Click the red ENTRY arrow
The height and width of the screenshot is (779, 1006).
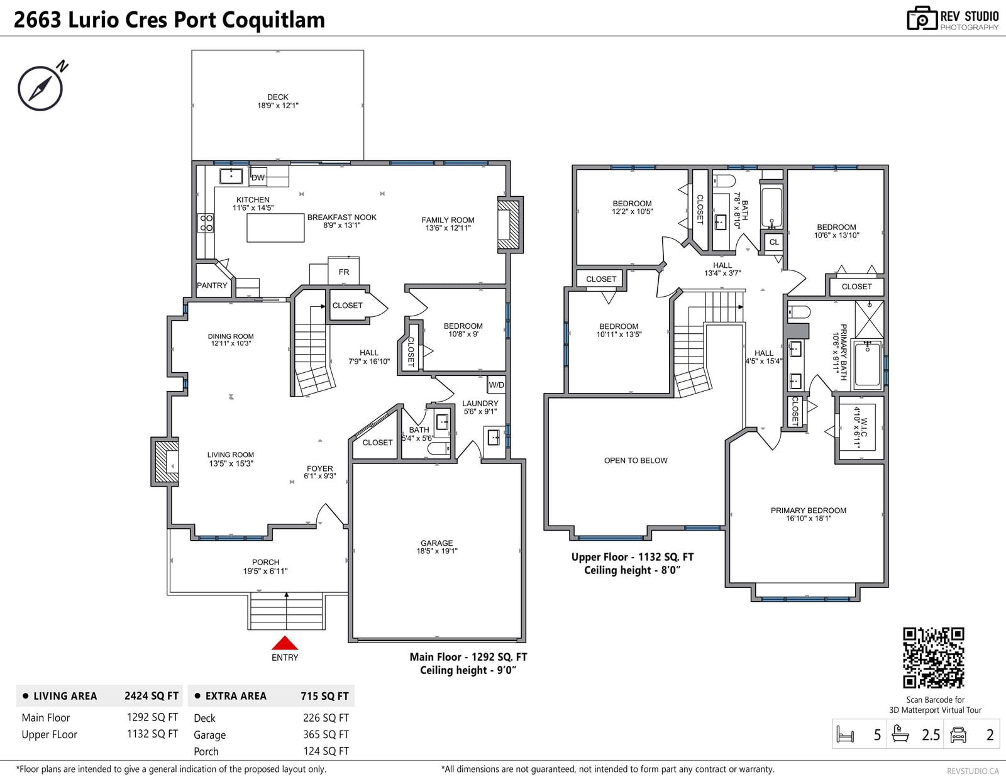284,643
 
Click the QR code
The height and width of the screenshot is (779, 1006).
933,658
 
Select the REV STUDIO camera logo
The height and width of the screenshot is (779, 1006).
922,18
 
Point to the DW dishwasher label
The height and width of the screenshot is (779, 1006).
258,177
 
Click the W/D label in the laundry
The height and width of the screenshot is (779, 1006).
496,385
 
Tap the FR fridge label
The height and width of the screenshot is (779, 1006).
343,272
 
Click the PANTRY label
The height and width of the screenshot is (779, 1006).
212,285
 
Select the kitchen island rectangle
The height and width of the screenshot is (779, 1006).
275,228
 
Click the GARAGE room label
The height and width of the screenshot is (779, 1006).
436,543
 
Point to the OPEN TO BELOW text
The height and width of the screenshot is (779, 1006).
636,460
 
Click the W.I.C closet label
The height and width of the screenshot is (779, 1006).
864,428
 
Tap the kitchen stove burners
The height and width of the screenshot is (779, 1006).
206,223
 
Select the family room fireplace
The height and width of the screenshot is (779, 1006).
509,224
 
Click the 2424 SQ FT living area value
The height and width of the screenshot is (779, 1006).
152,695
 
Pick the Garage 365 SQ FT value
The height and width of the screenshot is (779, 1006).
326,734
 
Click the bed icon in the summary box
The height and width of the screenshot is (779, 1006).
845,734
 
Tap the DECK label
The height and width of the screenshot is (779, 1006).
278,97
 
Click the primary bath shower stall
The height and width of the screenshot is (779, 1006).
869,319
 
